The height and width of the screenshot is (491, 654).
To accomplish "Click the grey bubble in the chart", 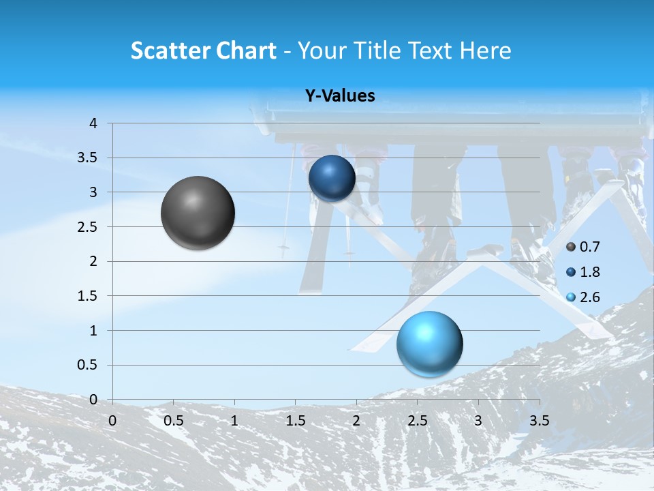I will click(x=198, y=213).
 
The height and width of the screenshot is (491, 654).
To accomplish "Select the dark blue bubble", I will click(x=332, y=178).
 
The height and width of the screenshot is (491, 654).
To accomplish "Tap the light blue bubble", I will click(x=429, y=344).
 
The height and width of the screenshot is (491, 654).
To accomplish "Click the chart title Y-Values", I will click(x=339, y=96).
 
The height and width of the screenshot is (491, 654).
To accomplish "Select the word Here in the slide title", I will click(x=484, y=50).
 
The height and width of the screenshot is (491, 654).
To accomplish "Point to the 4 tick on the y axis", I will click(x=93, y=123).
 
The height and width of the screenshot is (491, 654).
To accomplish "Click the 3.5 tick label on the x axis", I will click(x=540, y=421).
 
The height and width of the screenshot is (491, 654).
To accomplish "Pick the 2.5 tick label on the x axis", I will click(x=417, y=421).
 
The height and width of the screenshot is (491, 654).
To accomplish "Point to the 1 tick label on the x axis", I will click(x=234, y=421).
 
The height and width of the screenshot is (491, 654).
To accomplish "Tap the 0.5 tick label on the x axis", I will click(x=173, y=421).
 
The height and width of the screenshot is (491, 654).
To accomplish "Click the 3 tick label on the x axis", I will click(x=478, y=421).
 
